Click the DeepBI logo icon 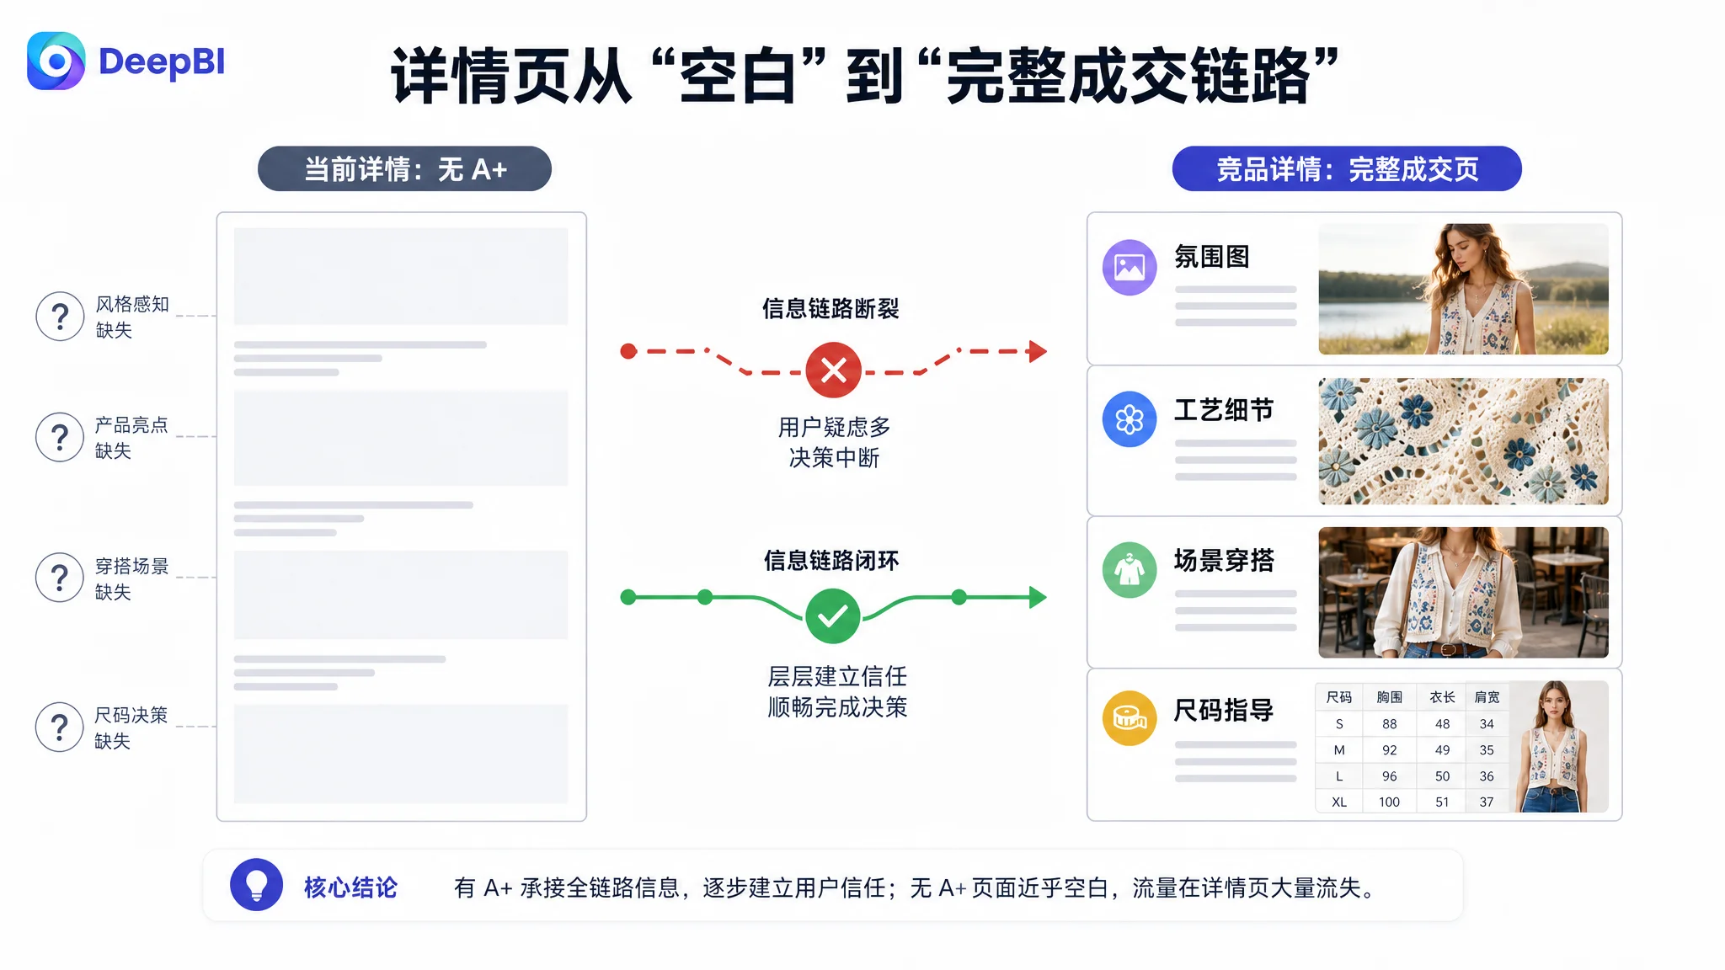click(x=56, y=61)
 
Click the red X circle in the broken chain click(x=833, y=370)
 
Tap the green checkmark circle click(x=832, y=616)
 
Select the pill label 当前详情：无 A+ click(x=404, y=168)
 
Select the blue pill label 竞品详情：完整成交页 click(x=1347, y=168)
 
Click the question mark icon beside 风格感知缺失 click(x=60, y=317)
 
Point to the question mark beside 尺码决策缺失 click(x=60, y=727)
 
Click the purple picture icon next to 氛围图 click(x=1130, y=268)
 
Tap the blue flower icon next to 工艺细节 click(x=1130, y=418)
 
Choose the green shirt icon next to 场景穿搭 click(x=1130, y=570)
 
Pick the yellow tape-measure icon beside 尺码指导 click(x=1130, y=718)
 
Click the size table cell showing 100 click(x=1389, y=802)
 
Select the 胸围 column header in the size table click(x=1390, y=697)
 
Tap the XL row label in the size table click(x=1339, y=802)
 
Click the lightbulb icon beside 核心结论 click(x=256, y=885)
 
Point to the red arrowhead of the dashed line click(x=1038, y=351)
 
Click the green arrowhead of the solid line click(x=1038, y=598)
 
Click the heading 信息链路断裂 click(x=830, y=309)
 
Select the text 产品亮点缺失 click(x=131, y=438)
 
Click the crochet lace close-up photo click(x=1463, y=441)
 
